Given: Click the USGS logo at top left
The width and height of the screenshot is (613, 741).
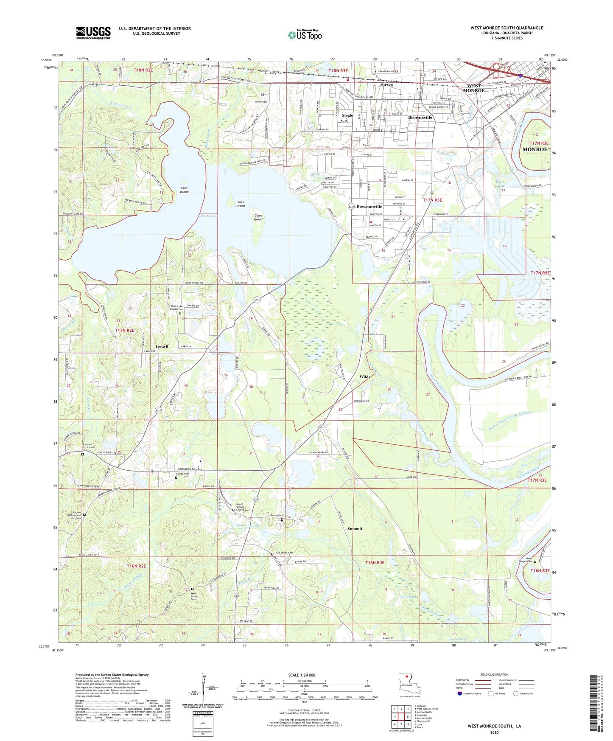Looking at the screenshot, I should tap(93, 33).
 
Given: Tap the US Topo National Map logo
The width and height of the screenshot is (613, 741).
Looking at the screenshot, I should tap(305, 35).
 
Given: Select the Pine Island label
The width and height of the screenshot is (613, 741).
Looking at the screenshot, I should tap(184, 190).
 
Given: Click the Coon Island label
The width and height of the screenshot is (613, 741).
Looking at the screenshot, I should tap(258, 217).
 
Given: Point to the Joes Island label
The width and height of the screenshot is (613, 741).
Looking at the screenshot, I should tap(241, 204).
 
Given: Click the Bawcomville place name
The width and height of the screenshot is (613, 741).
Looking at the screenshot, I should tap(369, 207).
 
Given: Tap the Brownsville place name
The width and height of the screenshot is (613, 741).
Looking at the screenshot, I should tap(420, 118).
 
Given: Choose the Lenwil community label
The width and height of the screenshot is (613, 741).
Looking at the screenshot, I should tap(162, 346).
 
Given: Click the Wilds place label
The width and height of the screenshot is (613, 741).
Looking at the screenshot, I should tap(365, 376).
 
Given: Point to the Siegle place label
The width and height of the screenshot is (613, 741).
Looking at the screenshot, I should tap(347, 115).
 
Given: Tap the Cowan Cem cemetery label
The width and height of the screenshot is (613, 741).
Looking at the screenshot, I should tap(183, 474).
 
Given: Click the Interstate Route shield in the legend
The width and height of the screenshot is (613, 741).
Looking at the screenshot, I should tap(460, 693).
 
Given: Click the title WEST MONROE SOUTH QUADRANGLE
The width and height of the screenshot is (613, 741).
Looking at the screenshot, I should tap(507, 28).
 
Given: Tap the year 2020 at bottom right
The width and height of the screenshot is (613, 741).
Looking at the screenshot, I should tap(494, 732).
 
